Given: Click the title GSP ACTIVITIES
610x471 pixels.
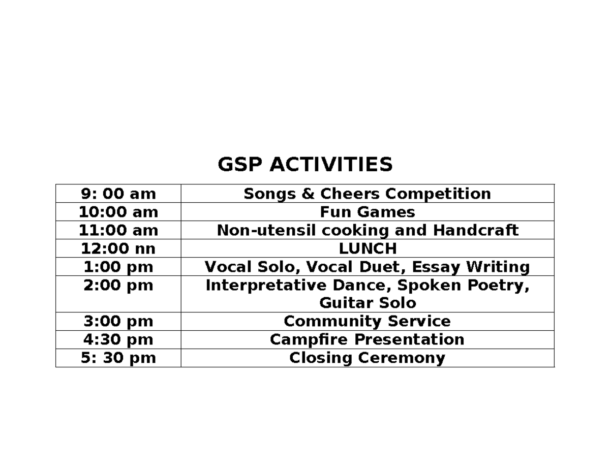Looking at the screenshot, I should (x=305, y=165).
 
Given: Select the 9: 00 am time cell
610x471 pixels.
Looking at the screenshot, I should (x=118, y=194).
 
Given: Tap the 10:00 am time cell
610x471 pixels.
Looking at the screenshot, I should (x=118, y=212).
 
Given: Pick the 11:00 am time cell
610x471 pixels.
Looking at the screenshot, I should (x=118, y=230).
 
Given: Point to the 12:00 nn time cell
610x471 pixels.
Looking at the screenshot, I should (x=118, y=248).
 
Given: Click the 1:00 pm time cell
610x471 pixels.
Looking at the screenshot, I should (x=118, y=267).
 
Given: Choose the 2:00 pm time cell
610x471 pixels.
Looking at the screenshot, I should (x=118, y=286).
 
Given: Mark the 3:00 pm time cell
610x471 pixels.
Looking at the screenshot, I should (x=118, y=322).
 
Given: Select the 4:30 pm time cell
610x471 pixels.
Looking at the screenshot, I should (x=118, y=339).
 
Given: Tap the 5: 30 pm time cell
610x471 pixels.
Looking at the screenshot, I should (x=118, y=358).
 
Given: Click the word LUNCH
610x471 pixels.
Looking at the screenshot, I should (x=367, y=248).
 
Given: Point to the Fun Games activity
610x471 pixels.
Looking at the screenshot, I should (x=367, y=212).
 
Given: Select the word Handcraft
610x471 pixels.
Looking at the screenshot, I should (x=475, y=230).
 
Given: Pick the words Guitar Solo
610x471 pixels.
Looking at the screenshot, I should (x=367, y=303).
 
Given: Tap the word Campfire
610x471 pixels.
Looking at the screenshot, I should (x=309, y=339).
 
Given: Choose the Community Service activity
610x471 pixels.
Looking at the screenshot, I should (x=367, y=322).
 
